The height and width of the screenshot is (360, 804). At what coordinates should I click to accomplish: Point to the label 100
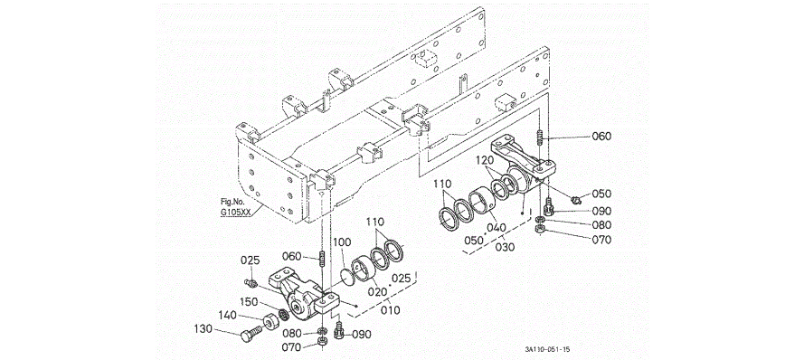point(343,241)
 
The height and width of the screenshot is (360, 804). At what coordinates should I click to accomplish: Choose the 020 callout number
point(377,291)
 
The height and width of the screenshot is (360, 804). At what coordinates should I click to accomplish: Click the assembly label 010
point(390,311)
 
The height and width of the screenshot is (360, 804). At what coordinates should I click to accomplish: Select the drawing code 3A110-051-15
point(547,349)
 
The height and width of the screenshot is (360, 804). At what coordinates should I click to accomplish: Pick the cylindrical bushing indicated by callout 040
point(483,201)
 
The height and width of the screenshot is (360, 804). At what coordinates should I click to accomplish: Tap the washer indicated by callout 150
point(281,312)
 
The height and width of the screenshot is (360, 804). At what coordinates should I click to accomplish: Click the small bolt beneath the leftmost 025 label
point(251,281)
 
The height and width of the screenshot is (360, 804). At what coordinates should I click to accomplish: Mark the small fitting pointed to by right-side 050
point(575,199)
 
